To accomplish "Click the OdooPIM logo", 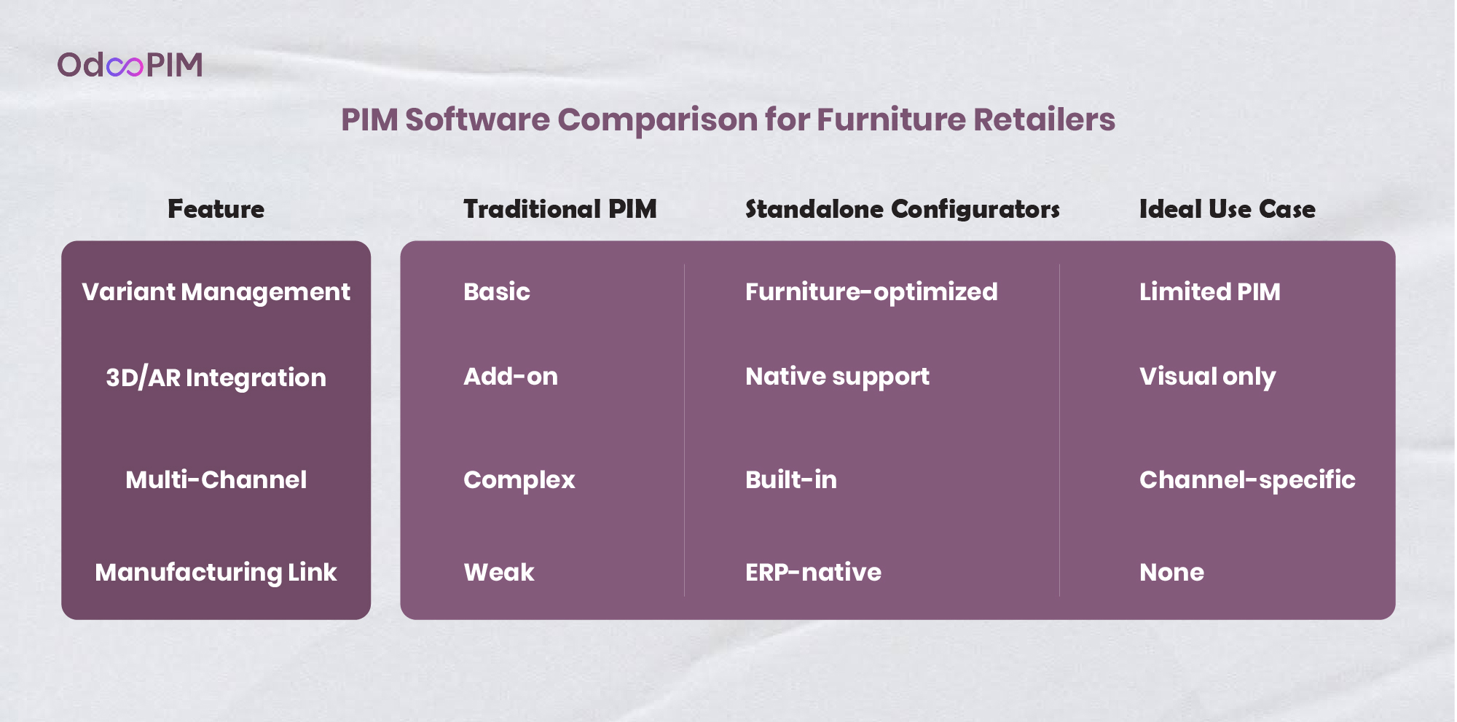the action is point(130,65).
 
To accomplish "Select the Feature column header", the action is point(216,209).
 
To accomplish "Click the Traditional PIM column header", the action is point(560,209).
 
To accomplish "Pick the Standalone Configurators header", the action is point(903,209).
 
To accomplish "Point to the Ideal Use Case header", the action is point(1228,209).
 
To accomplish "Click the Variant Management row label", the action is point(216,292).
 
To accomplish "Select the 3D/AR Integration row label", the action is point(216,377).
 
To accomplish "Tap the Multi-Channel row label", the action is point(216,479).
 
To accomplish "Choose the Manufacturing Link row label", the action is point(216,573).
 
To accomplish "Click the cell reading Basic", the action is point(497,291).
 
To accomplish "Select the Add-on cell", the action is point(511,376).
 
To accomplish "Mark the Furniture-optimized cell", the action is point(871,292).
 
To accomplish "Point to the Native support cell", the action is point(837,377).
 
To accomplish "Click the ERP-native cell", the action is point(813,572).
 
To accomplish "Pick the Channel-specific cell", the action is point(1247,480).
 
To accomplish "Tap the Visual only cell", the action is point(1207,377).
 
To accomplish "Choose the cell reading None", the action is point(1171,572).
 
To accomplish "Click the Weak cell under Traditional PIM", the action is point(499,572).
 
